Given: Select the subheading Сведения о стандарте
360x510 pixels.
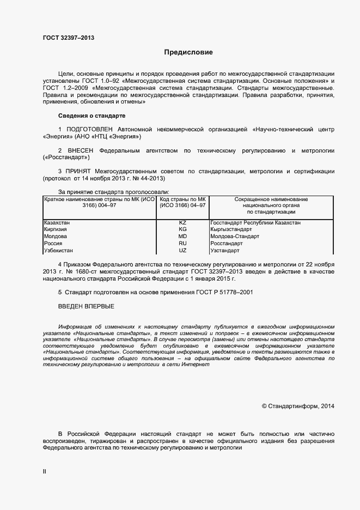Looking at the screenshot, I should (x=92, y=116).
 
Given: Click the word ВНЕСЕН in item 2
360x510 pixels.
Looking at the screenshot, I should (x=81, y=150).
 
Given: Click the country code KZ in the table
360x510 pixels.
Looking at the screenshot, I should (x=182, y=223).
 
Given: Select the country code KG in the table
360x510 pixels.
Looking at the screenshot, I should (x=182, y=230).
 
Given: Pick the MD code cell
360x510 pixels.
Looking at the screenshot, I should (x=182, y=237).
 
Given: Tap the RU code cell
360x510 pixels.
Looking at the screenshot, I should (x=182, y=244).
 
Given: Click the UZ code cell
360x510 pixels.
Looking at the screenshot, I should (x=182, y=251).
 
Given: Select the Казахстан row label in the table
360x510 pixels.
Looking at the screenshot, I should (x=57, y=223).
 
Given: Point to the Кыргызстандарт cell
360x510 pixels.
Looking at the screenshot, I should (x=231, y=230).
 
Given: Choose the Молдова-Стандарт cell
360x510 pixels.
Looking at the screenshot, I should (x=234, y=237).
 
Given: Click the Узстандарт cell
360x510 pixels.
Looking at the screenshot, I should (x=225, y=251).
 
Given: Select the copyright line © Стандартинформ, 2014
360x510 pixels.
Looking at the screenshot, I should (x=298, y=406).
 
